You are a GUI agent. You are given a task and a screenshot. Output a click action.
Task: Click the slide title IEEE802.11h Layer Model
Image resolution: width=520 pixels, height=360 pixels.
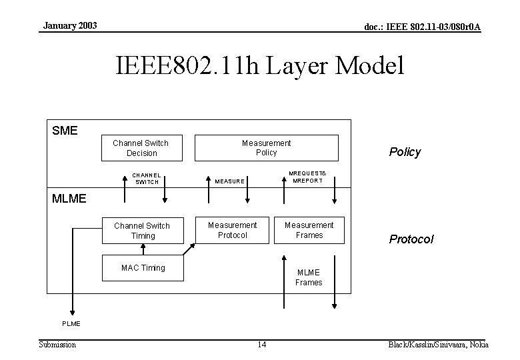259,67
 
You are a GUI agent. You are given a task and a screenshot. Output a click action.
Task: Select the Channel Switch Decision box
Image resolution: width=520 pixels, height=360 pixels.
141,148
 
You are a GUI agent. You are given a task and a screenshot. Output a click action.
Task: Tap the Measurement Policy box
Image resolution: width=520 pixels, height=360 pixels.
266,148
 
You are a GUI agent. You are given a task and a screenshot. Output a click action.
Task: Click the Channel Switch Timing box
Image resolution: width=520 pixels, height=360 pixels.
142,231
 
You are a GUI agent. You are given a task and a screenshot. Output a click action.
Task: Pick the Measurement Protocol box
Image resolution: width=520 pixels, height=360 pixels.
232,230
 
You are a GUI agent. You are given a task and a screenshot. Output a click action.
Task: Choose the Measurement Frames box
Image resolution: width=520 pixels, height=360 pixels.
309,230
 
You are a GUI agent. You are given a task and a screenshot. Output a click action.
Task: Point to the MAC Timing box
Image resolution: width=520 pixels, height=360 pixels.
143,268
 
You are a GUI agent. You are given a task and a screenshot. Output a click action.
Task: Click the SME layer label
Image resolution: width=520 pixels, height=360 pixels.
65,130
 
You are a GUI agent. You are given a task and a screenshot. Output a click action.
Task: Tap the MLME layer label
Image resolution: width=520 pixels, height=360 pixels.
69,198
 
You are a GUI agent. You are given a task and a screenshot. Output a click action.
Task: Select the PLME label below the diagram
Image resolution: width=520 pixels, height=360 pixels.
71,323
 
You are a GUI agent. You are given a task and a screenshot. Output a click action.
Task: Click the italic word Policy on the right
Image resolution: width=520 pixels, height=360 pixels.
405,152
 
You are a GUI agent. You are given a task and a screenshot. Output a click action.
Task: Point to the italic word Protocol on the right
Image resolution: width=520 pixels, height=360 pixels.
411,239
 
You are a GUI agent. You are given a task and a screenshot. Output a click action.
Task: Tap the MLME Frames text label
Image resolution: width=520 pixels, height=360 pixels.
309,277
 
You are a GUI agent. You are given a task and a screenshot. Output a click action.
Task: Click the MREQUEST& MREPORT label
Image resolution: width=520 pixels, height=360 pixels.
307,177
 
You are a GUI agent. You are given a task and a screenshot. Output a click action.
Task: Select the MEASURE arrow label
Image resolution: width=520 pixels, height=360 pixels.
229,181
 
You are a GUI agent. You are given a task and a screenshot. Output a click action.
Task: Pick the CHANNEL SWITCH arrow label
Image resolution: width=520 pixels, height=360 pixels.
147,178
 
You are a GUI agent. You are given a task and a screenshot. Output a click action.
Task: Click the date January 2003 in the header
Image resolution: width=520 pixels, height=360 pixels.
70,25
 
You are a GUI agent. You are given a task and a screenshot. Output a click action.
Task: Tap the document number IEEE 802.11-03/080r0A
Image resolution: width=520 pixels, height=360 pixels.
422,27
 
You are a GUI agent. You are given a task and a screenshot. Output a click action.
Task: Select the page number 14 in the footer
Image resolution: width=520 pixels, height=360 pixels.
261,345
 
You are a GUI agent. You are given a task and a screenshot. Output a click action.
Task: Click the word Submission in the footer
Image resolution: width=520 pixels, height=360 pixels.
57,344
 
